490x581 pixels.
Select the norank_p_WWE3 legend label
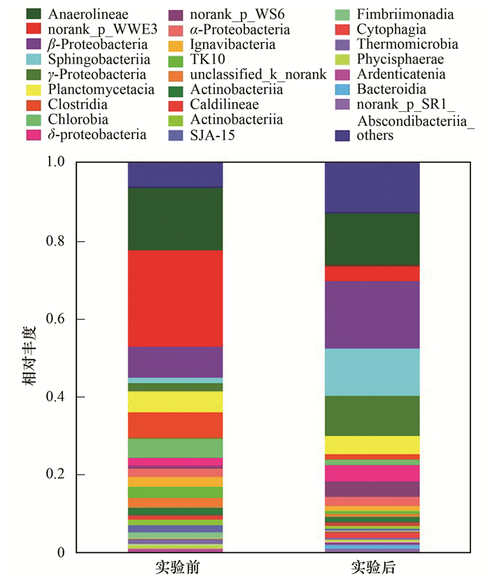coord(88,29)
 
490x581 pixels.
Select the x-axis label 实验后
coord(372,566)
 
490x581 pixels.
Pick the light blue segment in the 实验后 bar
coord(372,372)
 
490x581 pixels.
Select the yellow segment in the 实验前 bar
coord(175,401)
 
